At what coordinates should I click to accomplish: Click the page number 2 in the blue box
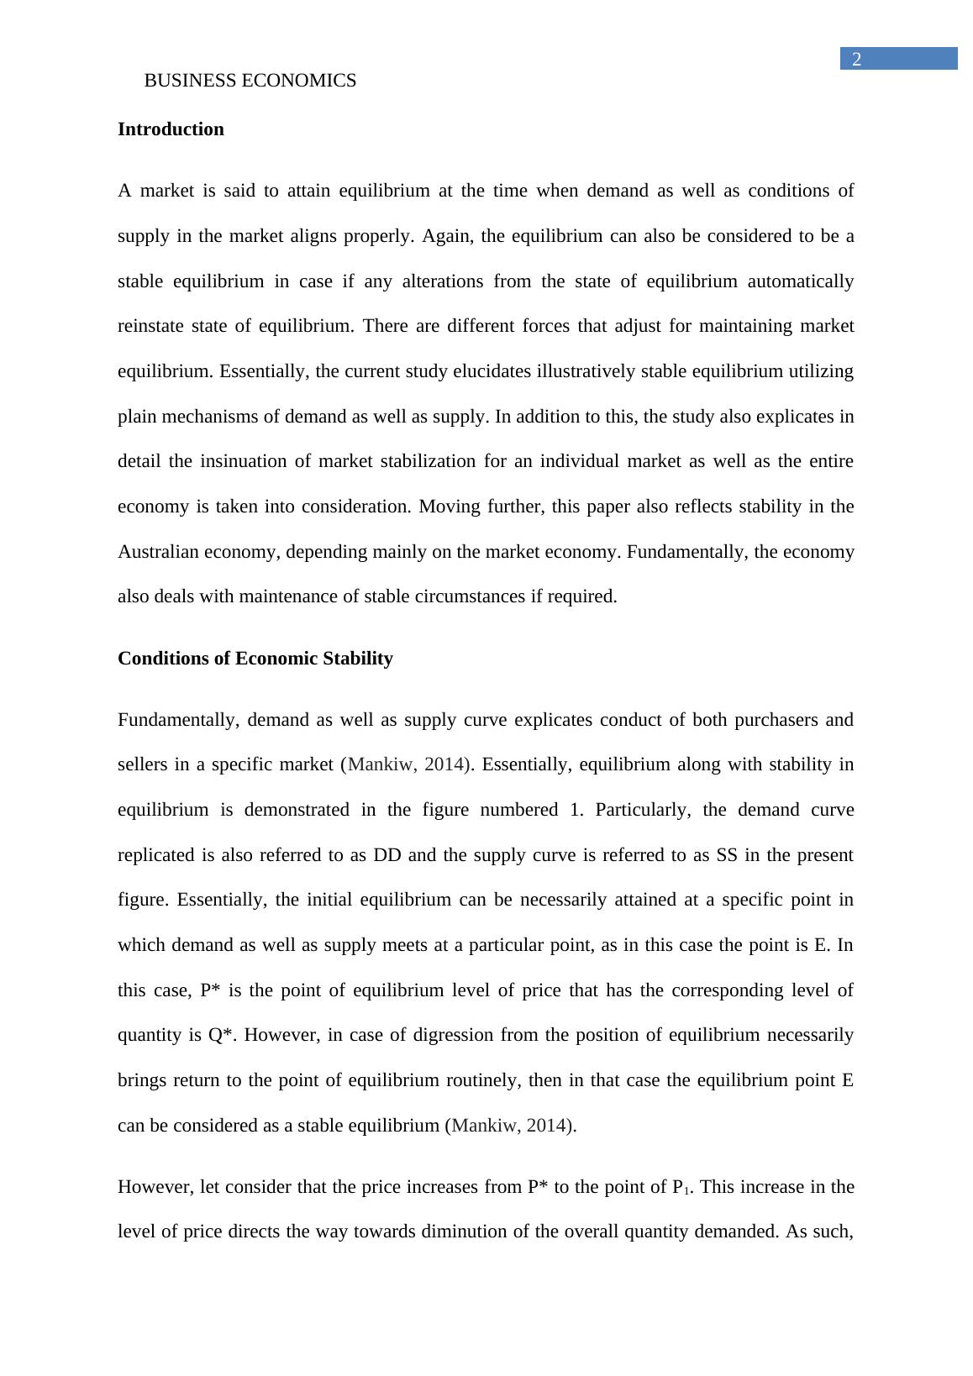click(856, 59)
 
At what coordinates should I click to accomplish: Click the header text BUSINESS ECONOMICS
click(250, 81)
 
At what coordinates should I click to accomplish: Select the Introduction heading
click(171, 129)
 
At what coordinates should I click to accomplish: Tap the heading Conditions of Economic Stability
click(255, 658)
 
